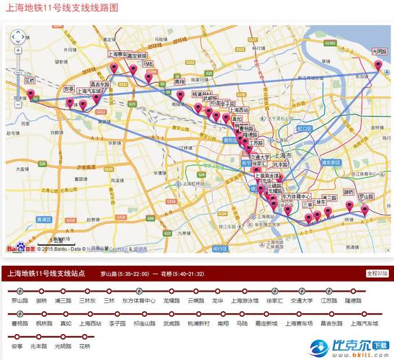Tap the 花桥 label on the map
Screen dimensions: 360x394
point(30,81)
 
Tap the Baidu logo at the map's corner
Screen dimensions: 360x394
point(20,248)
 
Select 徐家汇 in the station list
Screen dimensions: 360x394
point(273,300)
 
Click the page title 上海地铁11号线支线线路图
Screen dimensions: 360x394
point(63,8)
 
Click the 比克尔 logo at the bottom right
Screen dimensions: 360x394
point(349,347)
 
